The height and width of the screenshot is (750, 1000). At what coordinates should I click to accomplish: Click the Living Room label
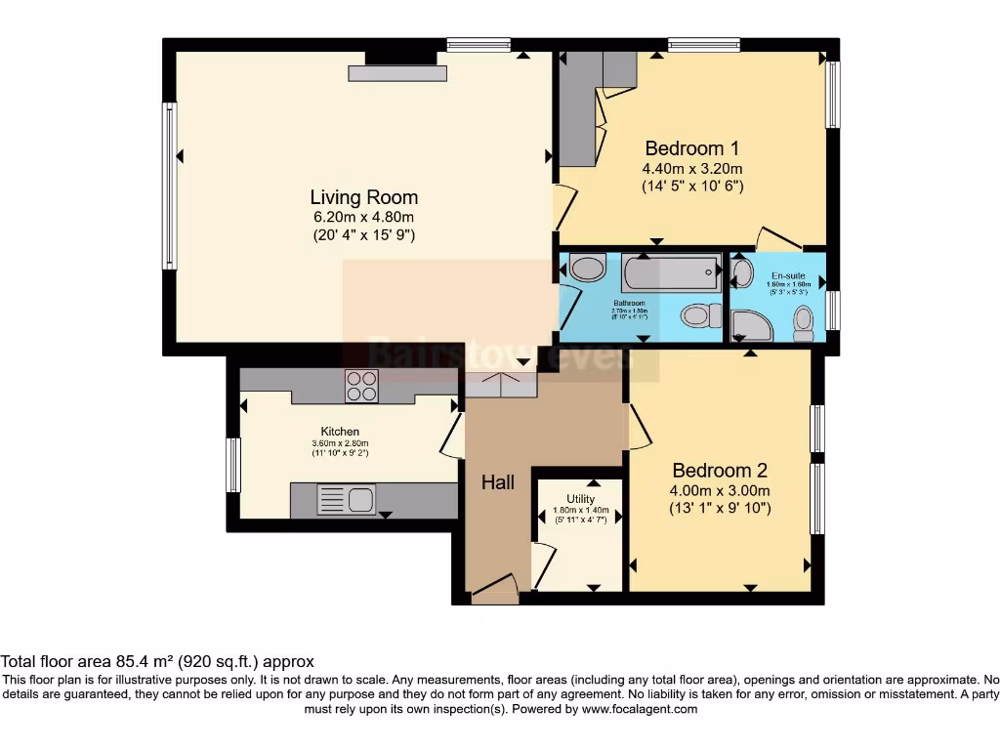pos(363,197)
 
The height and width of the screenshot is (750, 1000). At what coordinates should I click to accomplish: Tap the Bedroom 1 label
pos(691,148)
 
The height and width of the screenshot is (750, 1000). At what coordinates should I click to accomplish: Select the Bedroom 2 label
pos(713,471)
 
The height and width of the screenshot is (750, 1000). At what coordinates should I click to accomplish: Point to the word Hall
pos(497,482)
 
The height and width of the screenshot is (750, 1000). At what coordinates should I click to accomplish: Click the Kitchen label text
pos(340,432)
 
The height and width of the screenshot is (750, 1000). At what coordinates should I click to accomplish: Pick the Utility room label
pos(580,499)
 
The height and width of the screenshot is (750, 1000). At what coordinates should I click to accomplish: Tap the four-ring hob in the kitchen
pos(361,387)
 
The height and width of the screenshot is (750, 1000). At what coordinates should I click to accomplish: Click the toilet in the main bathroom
pos(699,315)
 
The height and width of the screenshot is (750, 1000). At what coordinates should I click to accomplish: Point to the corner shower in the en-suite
pos(751,326)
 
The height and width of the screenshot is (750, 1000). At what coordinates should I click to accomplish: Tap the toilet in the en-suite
pos(804,321)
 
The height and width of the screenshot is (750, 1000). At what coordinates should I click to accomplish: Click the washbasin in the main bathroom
pos(588,269)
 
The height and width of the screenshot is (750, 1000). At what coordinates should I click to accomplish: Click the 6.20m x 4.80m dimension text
pos(363,217)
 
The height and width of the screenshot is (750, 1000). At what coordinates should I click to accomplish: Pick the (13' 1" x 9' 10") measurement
pos(721,508)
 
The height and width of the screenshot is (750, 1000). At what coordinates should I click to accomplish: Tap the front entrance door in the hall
pos(494,588)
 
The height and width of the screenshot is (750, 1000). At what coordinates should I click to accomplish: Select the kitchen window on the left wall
pos(233,465)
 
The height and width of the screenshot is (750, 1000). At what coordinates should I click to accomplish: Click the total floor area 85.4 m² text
pos(157,661)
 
